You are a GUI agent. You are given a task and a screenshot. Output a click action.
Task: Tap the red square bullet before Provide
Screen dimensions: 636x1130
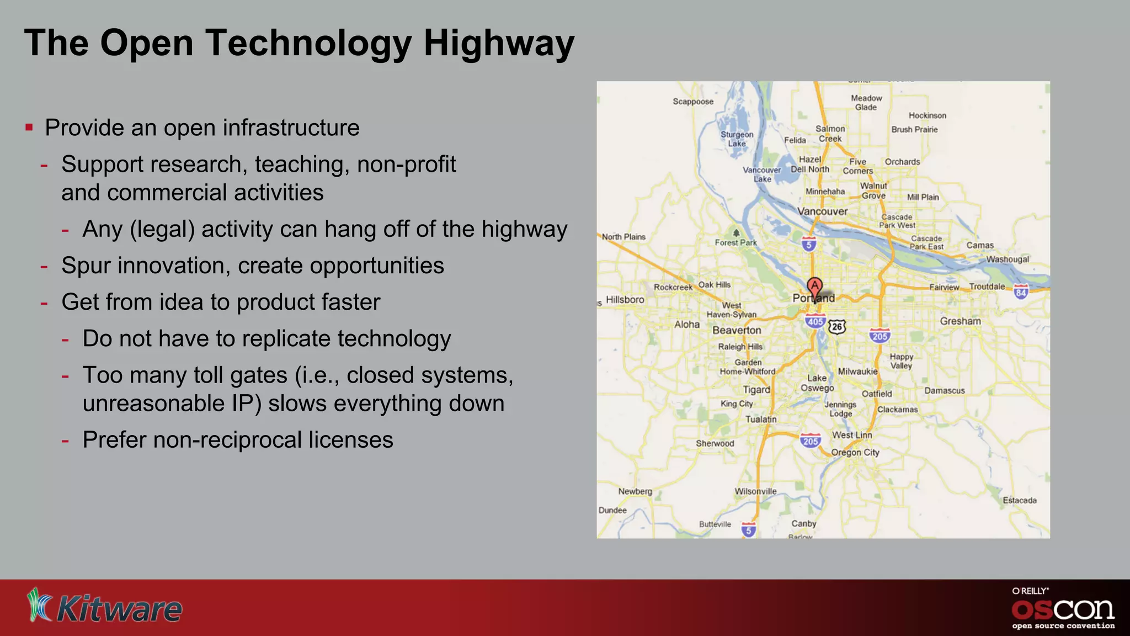pyautogui.click(x=29, y=128)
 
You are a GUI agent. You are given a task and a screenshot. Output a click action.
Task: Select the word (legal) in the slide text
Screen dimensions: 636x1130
pyautogui.click(x=162, y=230)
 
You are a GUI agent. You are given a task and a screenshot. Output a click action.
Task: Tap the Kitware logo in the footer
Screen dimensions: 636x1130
pyautogui.click(x=105, y=606)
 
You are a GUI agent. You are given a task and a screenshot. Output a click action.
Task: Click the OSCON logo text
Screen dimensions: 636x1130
pyautogui.click(x=1063, y=609)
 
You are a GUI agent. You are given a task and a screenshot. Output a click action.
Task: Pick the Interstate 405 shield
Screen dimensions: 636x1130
pyautogui.click(x=815, y=321)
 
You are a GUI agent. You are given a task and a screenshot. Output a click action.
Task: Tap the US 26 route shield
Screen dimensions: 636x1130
pyautogui.click(x=837, y=326)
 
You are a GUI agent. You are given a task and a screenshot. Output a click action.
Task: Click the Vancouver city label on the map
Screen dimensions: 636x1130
pyautogui.click(x=822, y=211)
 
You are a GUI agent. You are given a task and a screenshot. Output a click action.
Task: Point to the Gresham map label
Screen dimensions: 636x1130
pyautogui.click(x=960, y=321)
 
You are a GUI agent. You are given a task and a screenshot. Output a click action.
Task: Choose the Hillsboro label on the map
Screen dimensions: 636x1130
pyautogui.click(x=625, y=300)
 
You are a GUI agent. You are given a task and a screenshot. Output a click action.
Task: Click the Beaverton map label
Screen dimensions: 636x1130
pyautogui.click(x=737, y=330)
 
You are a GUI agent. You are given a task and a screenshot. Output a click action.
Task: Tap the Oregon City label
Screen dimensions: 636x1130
pyautogui.click(x=855, y=453)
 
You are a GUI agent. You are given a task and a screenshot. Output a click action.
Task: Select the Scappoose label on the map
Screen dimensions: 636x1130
pyautogui.click(x=693, y=102)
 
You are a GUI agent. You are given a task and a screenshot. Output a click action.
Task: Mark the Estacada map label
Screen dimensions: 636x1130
pyautogui.click(x=1019, y=500)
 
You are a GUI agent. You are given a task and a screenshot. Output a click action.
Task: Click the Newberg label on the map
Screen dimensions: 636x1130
pyautogui.click(x=635, y=491)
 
